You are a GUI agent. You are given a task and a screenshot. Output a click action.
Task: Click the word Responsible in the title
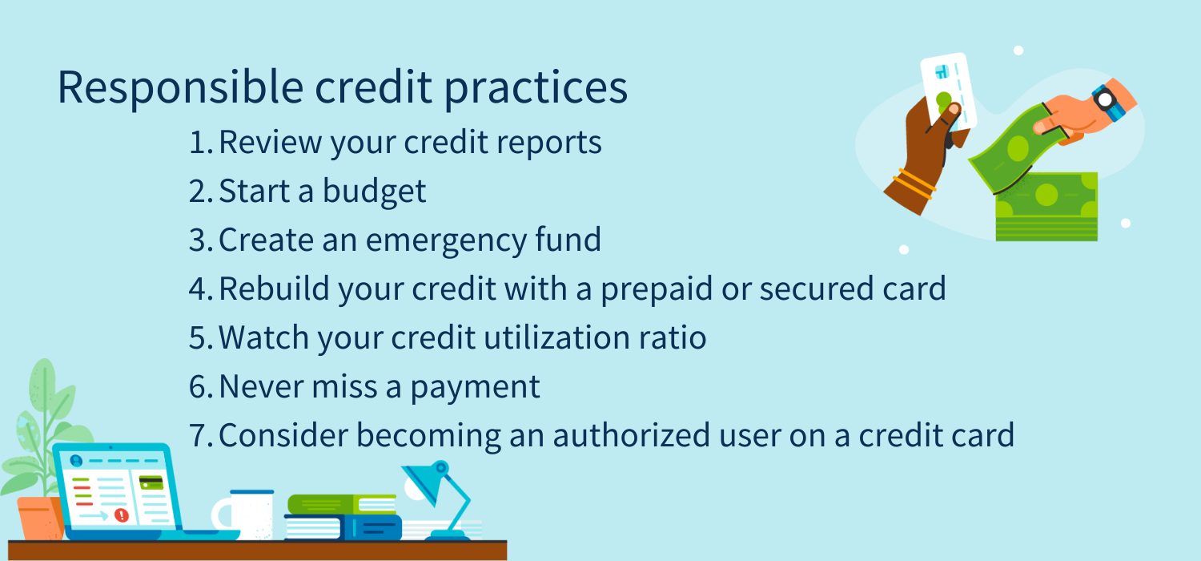(181, 87)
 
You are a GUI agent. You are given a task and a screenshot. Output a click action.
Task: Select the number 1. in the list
(202, 143)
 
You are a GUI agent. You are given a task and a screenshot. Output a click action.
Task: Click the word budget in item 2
(374, 192)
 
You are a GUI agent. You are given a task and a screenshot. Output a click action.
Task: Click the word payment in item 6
(475, 388)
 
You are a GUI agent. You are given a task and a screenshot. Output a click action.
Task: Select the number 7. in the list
(202, 435)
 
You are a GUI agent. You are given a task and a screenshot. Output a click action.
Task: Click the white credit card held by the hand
(949, 91)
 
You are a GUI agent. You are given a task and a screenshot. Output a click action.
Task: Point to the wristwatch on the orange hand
(1108, 102)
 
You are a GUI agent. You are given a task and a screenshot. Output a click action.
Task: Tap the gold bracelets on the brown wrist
(914, 183)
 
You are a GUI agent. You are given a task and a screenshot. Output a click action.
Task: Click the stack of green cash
(1046, 208)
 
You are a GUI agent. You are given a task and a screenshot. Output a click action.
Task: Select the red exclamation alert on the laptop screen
(122, 515)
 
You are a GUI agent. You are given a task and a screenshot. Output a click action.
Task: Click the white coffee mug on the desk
(244, 515)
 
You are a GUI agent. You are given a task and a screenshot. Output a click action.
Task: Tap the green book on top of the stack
(342, 504)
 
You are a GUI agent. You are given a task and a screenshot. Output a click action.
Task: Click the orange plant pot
(40, 518)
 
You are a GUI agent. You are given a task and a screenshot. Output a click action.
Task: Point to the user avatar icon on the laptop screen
(76, 461)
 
